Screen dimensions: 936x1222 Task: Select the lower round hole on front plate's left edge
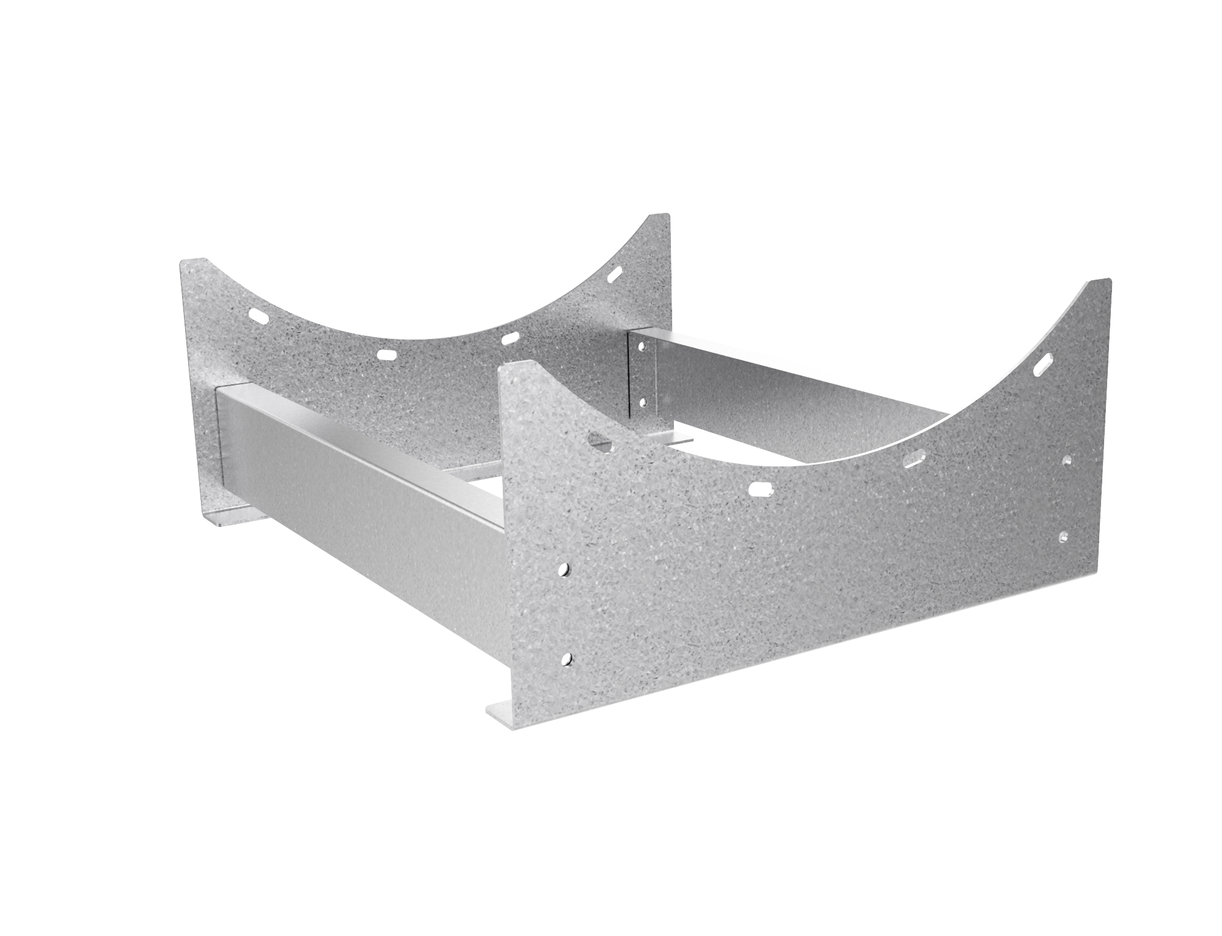tap(568, 659)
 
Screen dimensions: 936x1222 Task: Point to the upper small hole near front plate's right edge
tap(1068, 459)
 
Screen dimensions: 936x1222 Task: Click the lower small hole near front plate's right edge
tap(1064, 536)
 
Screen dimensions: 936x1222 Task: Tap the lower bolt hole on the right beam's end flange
tap(642, 402)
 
